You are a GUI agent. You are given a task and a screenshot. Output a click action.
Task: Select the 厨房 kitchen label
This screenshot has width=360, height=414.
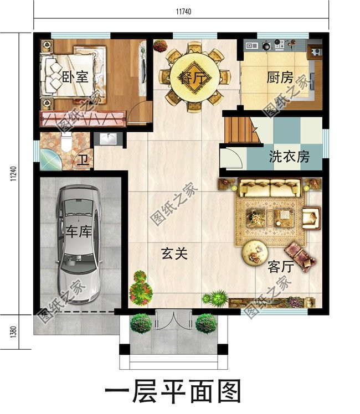tap(280, 77)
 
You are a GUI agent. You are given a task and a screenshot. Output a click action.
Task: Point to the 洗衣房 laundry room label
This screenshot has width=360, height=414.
tap(289, 157)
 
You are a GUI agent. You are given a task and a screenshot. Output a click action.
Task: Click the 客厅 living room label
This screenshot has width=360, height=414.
tap(280, 267)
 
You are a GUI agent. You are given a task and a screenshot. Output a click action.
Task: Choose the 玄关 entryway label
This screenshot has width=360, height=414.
tap(174, 253)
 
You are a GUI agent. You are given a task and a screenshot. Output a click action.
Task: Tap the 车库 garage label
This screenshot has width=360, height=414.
tap(78, 231)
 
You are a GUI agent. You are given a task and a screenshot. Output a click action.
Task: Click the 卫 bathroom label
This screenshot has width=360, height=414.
tap(83, 161)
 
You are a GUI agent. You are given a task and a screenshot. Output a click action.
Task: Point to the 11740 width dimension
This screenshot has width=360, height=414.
tap(182, 12)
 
